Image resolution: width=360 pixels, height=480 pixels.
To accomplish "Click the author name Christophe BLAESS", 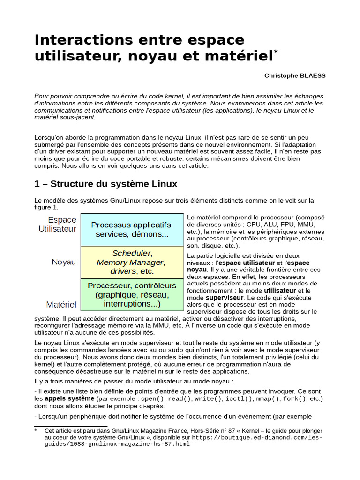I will click(294, 75).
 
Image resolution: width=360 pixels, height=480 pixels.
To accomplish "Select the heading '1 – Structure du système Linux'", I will click(106, 183).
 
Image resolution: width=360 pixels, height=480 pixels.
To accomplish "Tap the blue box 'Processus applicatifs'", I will click(132, 229).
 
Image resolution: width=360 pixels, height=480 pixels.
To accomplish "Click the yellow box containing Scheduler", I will click(132, 262).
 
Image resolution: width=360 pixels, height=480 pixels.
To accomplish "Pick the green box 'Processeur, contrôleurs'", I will click(132, 294).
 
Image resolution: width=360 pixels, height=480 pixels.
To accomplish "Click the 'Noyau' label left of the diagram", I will click(64, 262).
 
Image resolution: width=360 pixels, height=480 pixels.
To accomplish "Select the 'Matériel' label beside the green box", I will click(61, 304).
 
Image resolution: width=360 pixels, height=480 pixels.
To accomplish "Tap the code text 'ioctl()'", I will click(239, 398).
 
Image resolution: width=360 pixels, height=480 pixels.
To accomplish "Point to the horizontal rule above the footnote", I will click(71, 426).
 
